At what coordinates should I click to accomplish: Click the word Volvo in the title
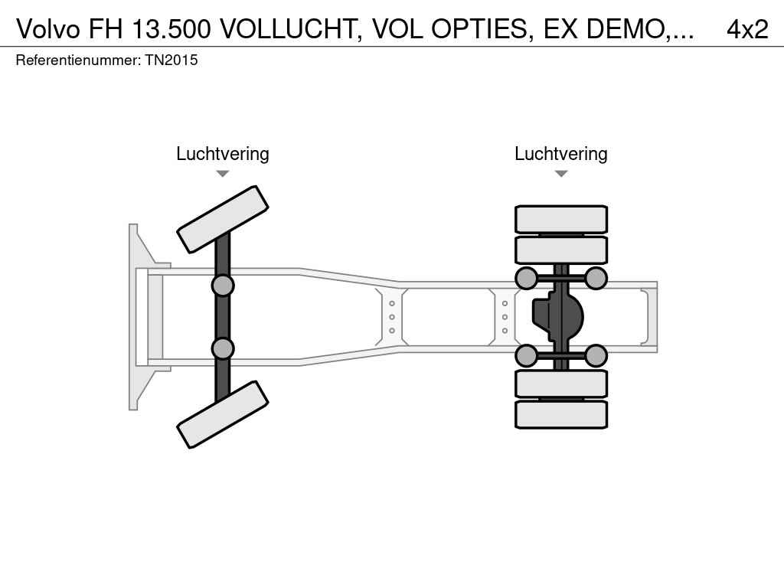coord(49,28)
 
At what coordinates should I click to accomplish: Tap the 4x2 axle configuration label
coord(746,28)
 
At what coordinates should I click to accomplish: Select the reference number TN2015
coord(171,60)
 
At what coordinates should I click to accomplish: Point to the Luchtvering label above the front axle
coord(222,154)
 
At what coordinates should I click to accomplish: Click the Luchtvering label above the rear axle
coord(560,154)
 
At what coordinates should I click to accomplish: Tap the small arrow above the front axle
coord(222,174)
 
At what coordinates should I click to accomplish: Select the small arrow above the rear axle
coord(560,174)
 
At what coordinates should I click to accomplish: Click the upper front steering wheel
coord(223,219)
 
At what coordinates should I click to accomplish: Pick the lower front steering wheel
coord(223,414)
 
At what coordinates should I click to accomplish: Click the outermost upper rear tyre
coord(561,219)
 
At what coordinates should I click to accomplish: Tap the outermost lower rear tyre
coord(561,414)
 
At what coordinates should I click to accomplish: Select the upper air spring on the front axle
coord(222,286)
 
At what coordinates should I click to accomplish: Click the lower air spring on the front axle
coord(222,348)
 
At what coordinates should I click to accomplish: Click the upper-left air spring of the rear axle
coord(526,278)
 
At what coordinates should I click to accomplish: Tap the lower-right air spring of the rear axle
coord(596,355)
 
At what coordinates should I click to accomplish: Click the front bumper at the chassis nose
coord(138,317)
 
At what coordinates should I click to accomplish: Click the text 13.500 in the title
coord(172,28)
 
